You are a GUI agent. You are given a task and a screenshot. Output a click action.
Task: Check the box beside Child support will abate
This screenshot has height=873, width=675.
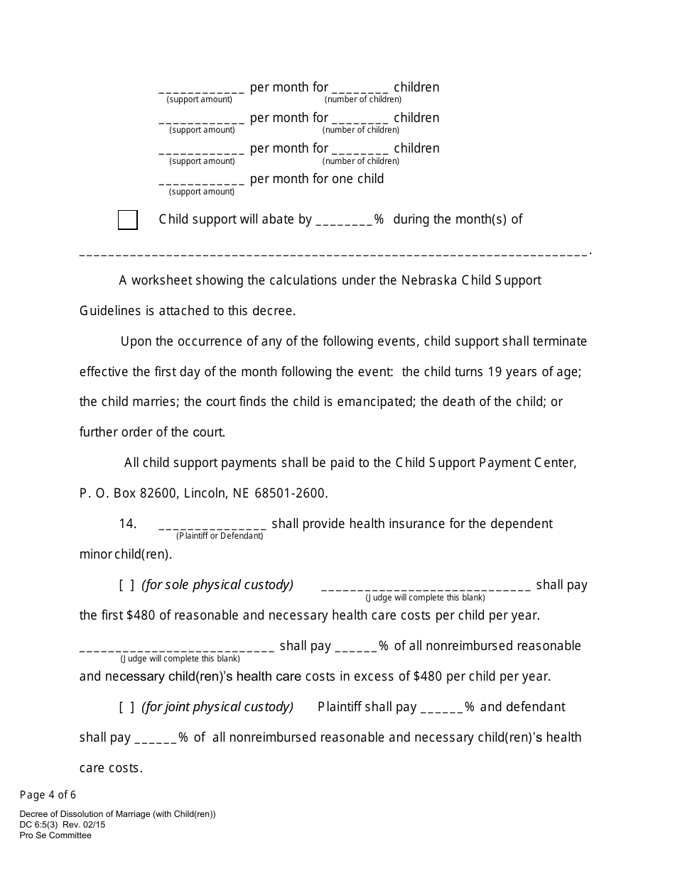coord(128,220)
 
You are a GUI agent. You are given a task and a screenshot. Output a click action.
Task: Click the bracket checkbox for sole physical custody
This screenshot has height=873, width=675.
coord(126,586)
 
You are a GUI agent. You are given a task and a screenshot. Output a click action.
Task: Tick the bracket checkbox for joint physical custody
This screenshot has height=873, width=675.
coord(126,708)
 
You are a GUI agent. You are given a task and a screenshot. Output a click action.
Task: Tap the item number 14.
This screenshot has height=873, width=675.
coord(127,524)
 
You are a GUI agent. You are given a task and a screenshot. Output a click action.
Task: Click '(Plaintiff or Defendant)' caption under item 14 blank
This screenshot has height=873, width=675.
coord(220,536)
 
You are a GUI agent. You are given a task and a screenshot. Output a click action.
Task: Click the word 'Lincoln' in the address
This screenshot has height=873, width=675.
coord(204,493)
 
